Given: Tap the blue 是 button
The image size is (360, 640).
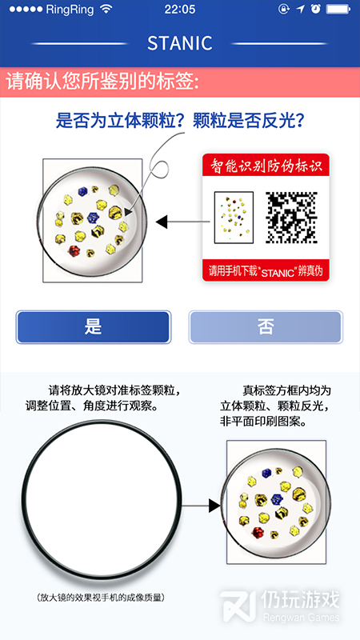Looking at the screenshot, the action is coord(93,327).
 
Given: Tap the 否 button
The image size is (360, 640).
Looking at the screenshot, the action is coord(266,327).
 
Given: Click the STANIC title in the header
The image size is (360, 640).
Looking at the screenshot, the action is coord(179,43).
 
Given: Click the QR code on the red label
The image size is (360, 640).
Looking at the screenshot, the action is coord(291,218).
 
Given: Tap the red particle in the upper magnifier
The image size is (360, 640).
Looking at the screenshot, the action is coord(74,250).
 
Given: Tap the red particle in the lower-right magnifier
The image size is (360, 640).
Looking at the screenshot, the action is coord(257,532).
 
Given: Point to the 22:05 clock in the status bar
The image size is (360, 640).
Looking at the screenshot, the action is coord(180,10).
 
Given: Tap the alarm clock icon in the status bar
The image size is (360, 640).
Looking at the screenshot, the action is coord(314,9).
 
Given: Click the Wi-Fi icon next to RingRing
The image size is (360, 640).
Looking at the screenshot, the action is coord(107,9).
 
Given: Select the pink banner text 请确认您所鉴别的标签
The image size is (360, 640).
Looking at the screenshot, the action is coord(103,82).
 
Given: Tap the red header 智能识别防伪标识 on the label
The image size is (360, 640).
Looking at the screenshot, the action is coord(266,166).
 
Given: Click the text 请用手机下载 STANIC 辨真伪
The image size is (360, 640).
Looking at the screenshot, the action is coord(266,271).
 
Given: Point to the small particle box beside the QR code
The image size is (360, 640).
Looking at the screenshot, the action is coord(234,218).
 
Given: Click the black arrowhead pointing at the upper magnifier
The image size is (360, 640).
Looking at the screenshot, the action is coord(162,222).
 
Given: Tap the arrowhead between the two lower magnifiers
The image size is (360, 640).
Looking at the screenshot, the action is coord(214,506).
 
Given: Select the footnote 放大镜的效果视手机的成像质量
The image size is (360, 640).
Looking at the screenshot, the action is coord(101,598).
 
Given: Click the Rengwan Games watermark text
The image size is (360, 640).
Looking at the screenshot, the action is coord(302,618).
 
